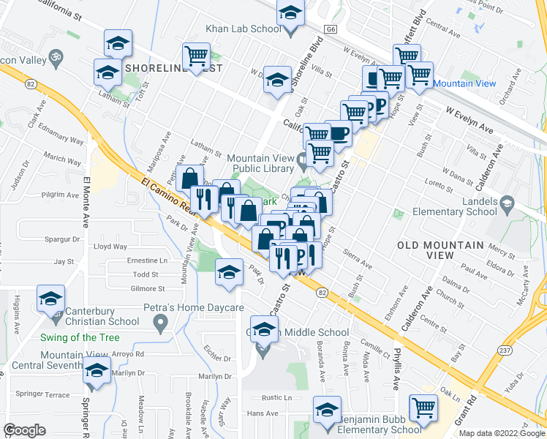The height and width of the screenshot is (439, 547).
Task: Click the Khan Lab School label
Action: [x=243, y=29]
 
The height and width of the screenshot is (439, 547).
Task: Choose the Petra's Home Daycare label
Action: [x=193, y=307]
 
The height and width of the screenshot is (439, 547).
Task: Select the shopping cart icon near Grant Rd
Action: [x=423, y=408]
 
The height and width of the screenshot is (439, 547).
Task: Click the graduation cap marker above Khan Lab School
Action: [x=290, y=14]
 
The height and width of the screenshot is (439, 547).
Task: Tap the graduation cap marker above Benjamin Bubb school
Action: [x=327, y=408]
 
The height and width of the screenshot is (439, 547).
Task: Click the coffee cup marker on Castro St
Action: [x=339, y=133]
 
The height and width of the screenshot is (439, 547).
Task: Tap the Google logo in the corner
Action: [x=24, y=429]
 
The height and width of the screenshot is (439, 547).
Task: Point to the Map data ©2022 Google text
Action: [x=502, y=433]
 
